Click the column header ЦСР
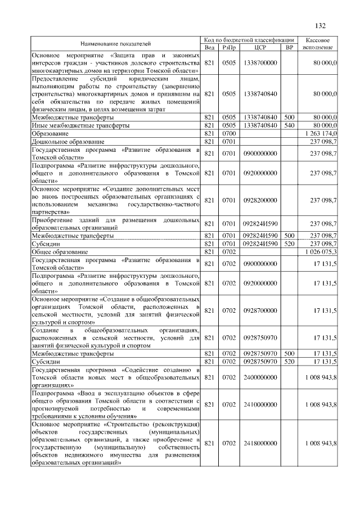coord(259,47)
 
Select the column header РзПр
coord(229,47)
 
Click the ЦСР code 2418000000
coord(259,444)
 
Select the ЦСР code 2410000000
coord(259,404)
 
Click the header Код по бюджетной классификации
coord(249,40)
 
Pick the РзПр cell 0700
coord(229,133)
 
